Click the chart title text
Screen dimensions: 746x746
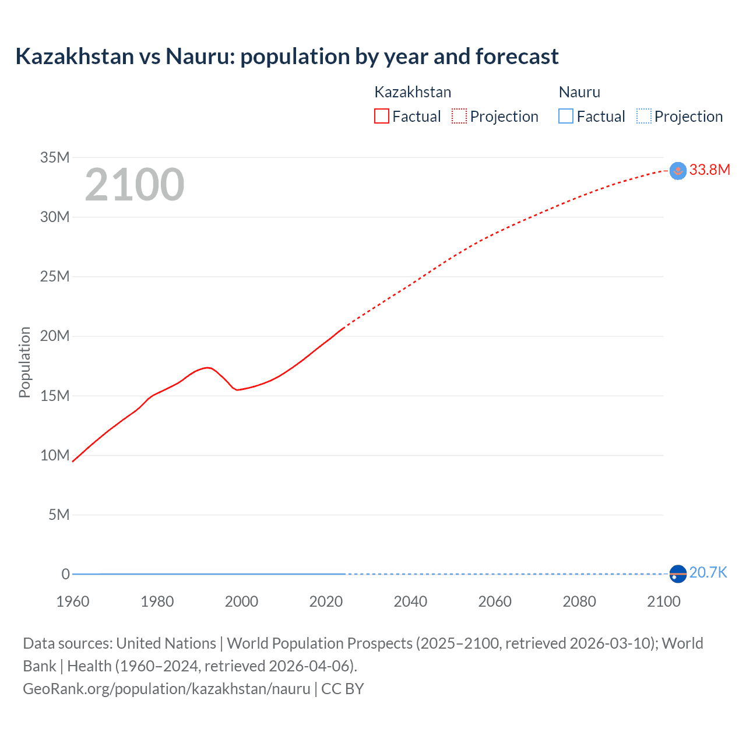tap(287, 57)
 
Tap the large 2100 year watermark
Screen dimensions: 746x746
tap(135, 185)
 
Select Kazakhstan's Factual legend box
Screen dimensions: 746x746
tap(382, 116)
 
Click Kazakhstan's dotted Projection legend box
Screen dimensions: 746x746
tap(459, 116)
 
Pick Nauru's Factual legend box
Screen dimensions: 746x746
tap(566, 116)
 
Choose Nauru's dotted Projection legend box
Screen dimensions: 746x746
tap(643, 116)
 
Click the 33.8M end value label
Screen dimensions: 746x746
tap(709, 170)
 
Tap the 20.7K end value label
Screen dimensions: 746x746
tap(708, 572)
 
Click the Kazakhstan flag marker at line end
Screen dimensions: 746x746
tap(678, 171)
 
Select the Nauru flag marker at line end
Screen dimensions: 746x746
tap(678, 574)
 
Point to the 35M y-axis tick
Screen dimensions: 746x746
tap(55, 157)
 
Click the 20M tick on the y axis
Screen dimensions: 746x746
tap(55, 336)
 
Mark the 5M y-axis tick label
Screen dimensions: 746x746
tap(59, 515)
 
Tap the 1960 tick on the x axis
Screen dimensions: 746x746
tap(73, 601)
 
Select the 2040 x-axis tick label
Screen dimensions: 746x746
tap(410, 601)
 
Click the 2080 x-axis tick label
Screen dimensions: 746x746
tap(579, 601)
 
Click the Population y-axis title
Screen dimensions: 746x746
tap(24, 362)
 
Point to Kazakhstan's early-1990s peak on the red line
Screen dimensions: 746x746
tap(208, 367)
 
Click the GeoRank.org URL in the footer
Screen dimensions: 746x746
tap(167, 689)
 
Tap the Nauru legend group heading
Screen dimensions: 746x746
tap(579, 92)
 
